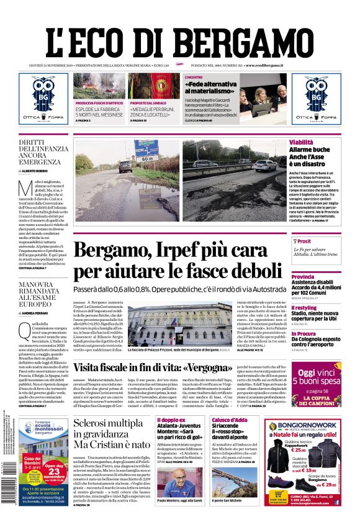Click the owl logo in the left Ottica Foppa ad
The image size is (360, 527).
43,92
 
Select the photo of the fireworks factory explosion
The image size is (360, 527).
99,86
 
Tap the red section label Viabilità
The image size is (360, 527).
302,143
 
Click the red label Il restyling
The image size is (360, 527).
304,308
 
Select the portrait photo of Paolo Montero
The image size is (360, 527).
180,482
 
